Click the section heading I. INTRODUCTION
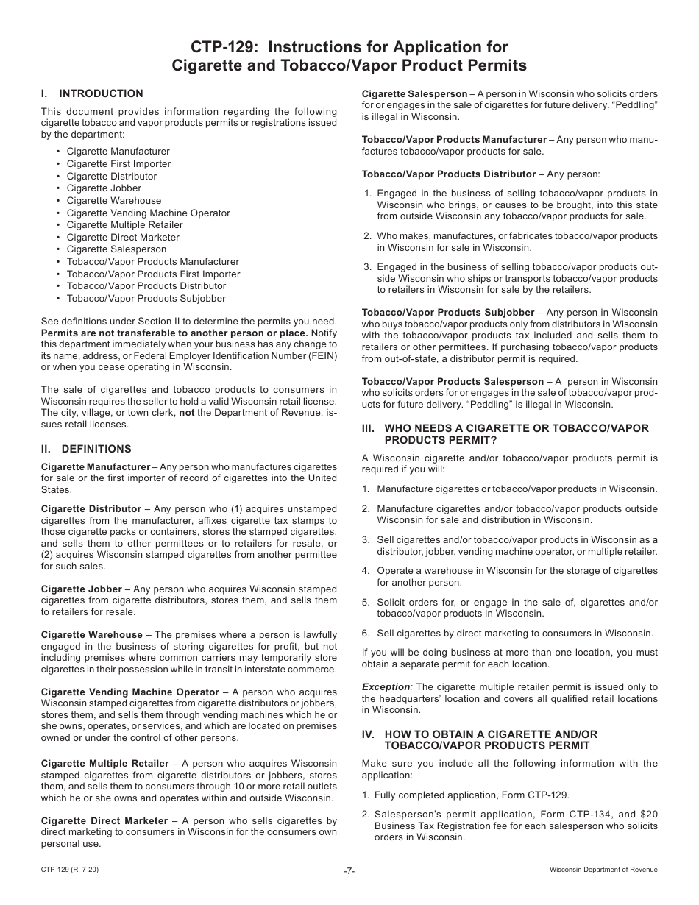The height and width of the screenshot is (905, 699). click(92, 93)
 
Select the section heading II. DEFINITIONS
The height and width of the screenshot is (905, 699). click(86, 449)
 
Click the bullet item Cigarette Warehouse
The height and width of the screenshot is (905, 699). click(113, 200)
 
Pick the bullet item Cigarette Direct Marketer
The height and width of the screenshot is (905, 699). click(123, 237)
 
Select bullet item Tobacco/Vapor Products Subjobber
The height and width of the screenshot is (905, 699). click(146, 298)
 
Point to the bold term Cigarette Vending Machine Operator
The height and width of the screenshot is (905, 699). click(129, 692)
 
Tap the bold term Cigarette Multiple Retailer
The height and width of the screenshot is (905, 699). click(104, 763)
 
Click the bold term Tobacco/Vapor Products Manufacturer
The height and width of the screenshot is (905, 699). click(454, 139)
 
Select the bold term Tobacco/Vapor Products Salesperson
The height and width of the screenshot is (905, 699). click(452, 381)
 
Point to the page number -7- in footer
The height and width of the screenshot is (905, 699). click(349, 870)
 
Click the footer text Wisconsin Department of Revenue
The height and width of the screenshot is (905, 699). click(603, 870)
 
